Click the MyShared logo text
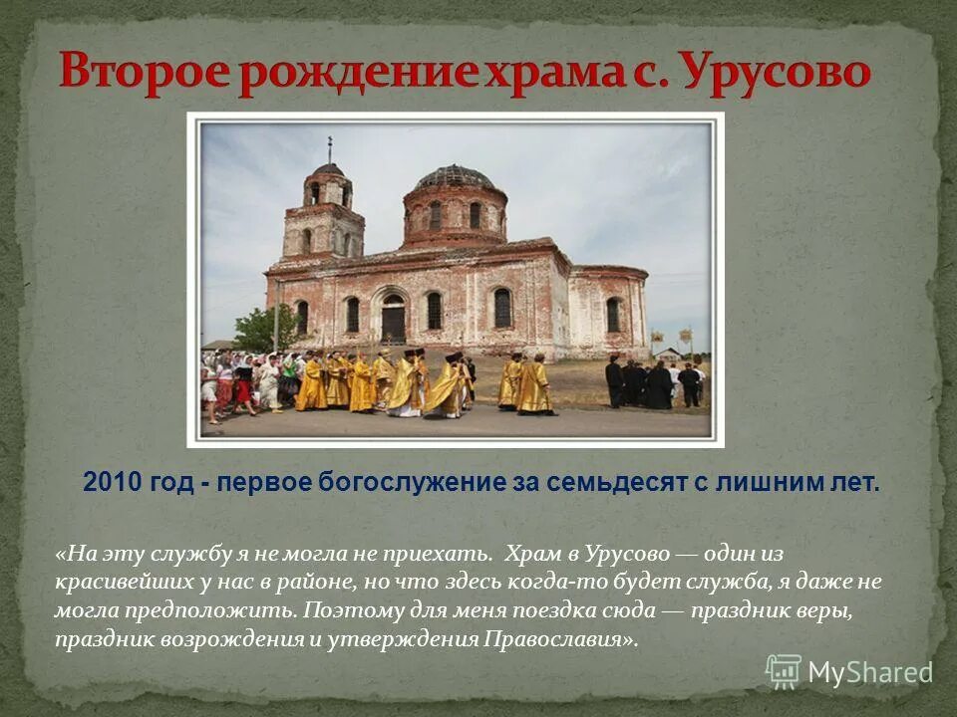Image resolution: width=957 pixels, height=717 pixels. tap(870, 672)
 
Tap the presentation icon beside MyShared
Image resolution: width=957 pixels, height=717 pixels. tap(784, 672)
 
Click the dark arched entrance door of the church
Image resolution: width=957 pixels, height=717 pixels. tap(394, 321)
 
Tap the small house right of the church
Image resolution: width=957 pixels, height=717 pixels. tap(669, 354)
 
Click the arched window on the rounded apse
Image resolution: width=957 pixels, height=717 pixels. tap(612, 315)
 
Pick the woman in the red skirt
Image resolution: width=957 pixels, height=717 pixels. tap(242, 384)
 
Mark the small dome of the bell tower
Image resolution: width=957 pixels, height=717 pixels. tap(329, 170)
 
